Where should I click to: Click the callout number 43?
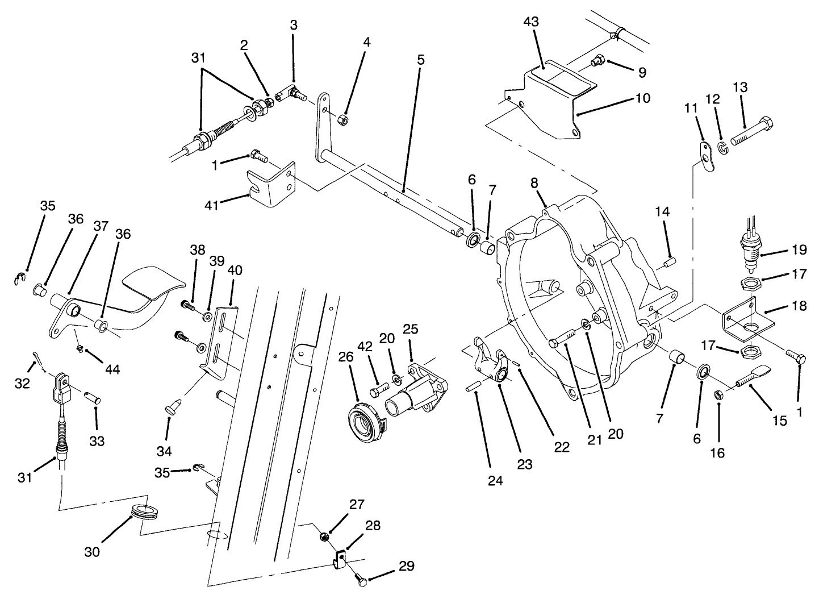tap(532, 22)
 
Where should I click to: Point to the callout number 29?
tap(406, 566)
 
